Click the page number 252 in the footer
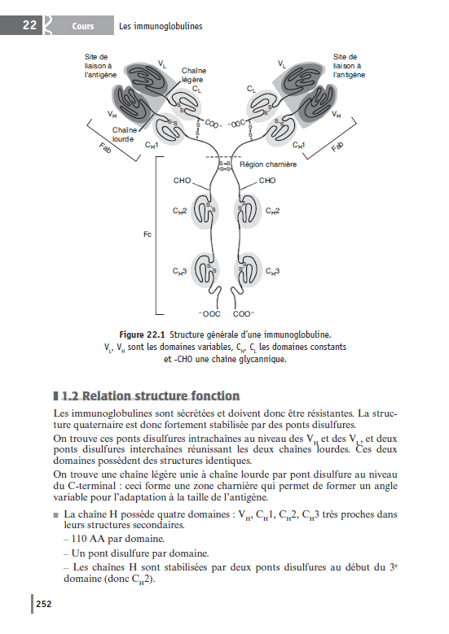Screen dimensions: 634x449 click(43, 604)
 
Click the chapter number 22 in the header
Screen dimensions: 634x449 click(29, 25)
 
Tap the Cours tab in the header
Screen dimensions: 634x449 click(82, 26)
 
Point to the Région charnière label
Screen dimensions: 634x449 click(268, 164)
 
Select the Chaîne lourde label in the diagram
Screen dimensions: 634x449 click(124, 134)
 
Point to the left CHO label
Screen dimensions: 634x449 click(183, 181)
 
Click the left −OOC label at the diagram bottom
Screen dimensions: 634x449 click(210, 313)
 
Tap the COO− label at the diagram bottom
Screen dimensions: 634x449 click(244, 313)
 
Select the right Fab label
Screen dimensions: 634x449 click(337, 150)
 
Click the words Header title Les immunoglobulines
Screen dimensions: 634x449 click(161, 26)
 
